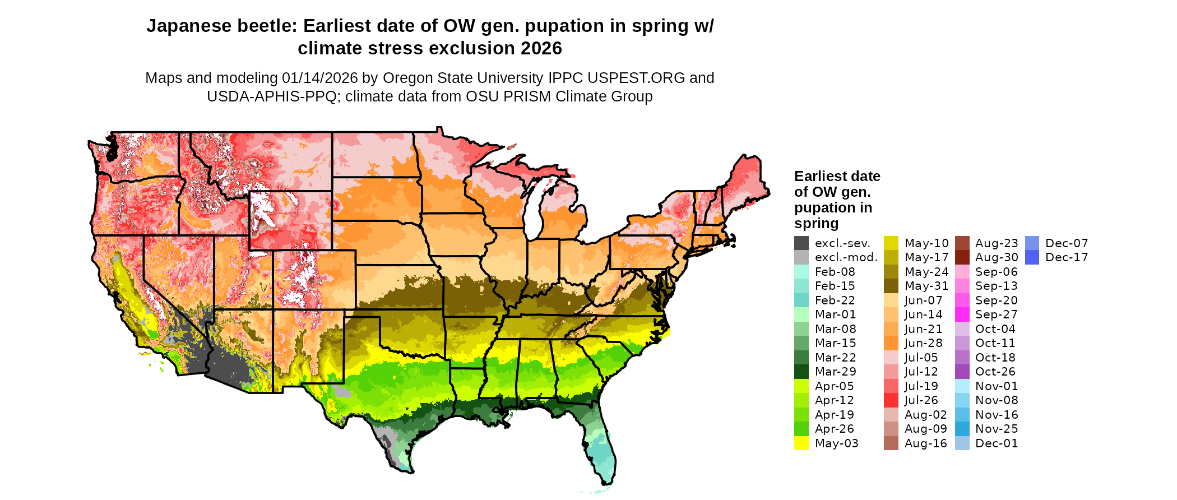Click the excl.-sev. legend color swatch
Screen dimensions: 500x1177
(x=801, y=243)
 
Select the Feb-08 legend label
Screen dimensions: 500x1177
(x=835, y=272)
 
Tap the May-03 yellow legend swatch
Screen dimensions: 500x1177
(x=801, y=443)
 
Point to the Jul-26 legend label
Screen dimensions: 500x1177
(x=921, y=400)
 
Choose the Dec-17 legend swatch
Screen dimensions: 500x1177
(x=1032, y=257)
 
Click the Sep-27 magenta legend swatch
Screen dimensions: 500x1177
(x=962, y=314)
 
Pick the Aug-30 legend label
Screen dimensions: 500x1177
(x=997, y=257)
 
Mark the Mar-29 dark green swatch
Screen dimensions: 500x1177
(x=801, y=372)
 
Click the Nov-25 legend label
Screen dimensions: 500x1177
(x=997, y=429)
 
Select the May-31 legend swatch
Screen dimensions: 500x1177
(x=891, y=286)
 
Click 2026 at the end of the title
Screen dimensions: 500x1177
(x=541, y=49)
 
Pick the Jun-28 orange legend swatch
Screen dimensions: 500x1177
(x=891, y=343)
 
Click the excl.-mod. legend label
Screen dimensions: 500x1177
(x=846, y=257)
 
